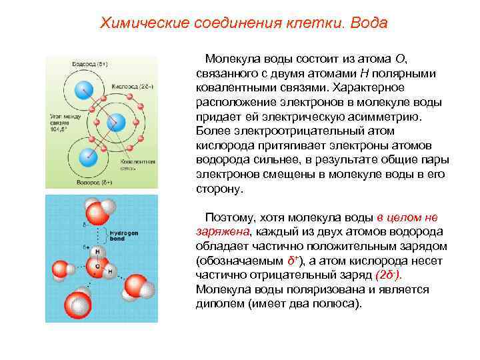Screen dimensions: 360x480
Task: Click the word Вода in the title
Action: pyautogui.click(x=365, y=23)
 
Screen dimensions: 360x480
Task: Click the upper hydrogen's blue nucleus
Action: pyautogui.click(x=83, y=88)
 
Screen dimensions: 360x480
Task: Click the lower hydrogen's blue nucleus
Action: pyautogui.click(x=86, y=157)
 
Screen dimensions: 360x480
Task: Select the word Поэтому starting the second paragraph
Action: pyautogui.click(x=228, y=217)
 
